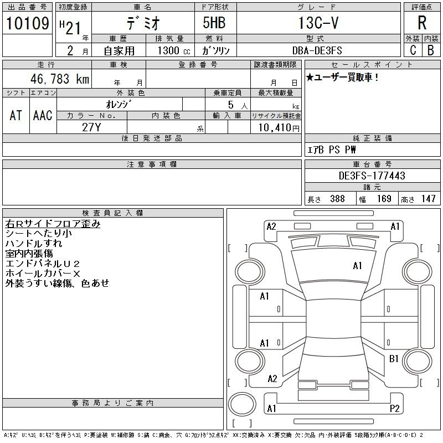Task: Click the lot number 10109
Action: pyautogui.click(x=27, y=23)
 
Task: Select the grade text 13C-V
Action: pyautogui.click(x=318, y=23)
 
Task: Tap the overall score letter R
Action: pyautogui.click(x=422, y=23)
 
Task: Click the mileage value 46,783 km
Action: pyautogui.click(x=60, y=79)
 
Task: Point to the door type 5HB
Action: pyautogui.click(x=214, y=23)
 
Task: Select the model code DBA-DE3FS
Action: pyautogui.click(x=317, y=50)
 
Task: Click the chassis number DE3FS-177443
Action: pyautogui.click(x=372, y=176)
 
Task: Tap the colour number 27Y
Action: pyautogui.click(x=91, y=127)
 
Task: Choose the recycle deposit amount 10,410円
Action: pyautogui.click(x=279, y=128)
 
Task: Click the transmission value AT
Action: pyautogui.click(x=16, y=115)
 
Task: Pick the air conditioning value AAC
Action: pyautogui.click(x=43, y=115)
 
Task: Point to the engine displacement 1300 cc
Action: pyautogui.click(x=174, y=50)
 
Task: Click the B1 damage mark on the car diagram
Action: pyautogui.click(x=394, y=359)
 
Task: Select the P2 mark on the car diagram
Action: pyautogui.click(x=394, y=409)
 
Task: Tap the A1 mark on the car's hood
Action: pyautogui.click(x=357, y=266)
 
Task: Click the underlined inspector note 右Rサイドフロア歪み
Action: pyautogui.click(x=53, y=224)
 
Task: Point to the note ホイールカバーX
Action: pyautogui.click(x=43, y=274)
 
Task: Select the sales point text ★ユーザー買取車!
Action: pyautogui.click(x=342, y=77)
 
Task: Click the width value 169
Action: pyautogui.click(x=384, y=199)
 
